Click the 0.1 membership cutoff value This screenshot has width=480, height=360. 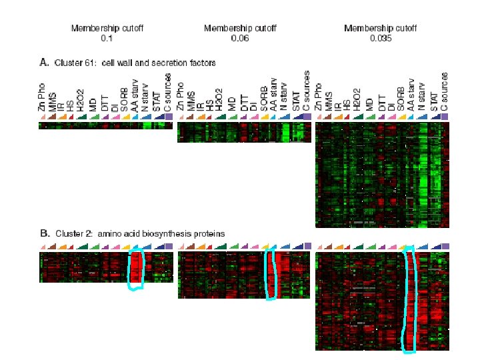pyautogui.click(x=107, y=39)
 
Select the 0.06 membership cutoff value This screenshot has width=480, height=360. pyautogui.click(x=239, y=39)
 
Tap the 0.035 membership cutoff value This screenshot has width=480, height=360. pyautogui.click(x=380, y=39)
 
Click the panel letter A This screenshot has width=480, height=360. pyautogui.click(x=44, y=63)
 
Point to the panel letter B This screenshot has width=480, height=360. pyautogui.click(x=44, y=234)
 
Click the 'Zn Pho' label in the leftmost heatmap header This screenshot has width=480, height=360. pyautogui.click(x=43, y=96)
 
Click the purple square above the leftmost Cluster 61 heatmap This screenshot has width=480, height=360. pyautogui.click(x=168, y=117)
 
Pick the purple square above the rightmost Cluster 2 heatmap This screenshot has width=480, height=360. pyautogui.click(x=445, y=247)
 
